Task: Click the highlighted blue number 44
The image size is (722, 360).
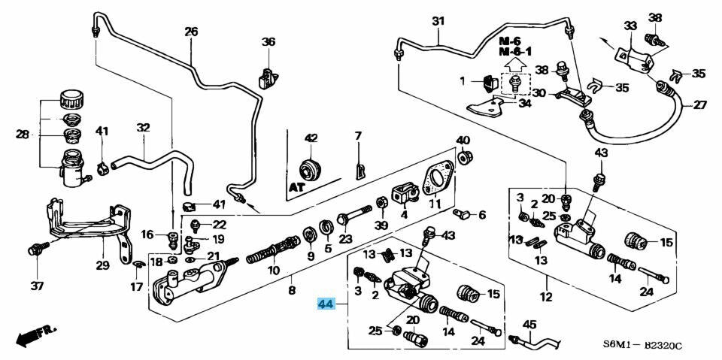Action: [x=325, y=304]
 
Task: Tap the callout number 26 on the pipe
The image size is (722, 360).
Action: [x=191, y=32]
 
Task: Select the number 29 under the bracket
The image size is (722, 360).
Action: [x=102, y=265]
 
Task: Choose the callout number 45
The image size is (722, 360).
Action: [x=529, y=325]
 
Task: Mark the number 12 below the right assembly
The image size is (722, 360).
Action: [x=545, y=298]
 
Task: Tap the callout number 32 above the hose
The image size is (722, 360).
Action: [x=143, y=128]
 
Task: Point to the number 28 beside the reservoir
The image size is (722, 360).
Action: [x=22, y=135]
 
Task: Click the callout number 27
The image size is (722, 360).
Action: [x=699, y=105]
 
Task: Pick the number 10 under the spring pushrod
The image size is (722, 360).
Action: [x=274, y=270]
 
